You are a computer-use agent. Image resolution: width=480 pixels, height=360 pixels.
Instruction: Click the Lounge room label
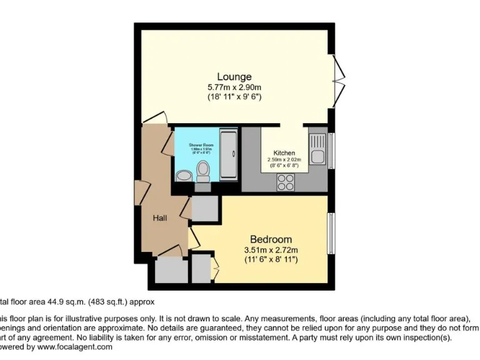coord(234,77)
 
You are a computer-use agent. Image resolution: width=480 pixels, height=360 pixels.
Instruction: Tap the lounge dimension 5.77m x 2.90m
coord(234,87)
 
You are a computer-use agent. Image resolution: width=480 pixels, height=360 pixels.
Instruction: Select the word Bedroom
coord(271,239)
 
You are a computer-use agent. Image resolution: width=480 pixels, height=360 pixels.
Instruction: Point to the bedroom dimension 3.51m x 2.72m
coord(271,250)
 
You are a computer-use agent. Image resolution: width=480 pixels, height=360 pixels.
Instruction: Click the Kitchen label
coord(284,153)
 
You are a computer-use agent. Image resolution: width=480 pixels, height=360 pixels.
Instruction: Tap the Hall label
coord(160,218)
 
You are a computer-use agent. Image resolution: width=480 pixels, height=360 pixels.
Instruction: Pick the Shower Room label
coord(201,145)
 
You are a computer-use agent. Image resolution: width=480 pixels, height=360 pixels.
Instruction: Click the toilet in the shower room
coord(203,171)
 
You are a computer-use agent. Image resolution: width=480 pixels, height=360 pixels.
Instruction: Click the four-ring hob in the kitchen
coord(286,182)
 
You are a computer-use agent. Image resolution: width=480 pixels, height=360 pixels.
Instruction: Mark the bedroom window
coord(331,232)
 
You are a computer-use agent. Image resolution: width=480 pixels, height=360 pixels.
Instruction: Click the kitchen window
coord(331,151)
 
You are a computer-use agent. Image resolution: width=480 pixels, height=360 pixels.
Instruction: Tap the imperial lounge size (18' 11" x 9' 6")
coord(234,97)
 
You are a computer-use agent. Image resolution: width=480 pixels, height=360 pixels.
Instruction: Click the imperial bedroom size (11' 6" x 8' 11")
coord(271,259)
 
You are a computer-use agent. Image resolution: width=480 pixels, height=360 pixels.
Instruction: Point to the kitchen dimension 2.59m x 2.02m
coord(284,159)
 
